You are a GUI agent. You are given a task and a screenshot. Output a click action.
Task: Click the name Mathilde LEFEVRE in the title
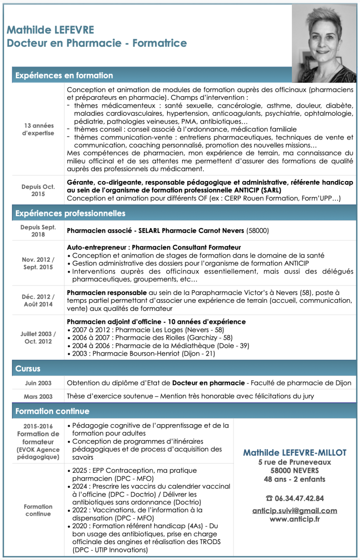coord(50,31)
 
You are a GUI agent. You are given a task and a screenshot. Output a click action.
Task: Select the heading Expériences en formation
coord(64,76)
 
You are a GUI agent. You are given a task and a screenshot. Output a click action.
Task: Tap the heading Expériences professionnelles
coord(71,214)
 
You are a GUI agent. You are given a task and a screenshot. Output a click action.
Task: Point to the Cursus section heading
coord(28,369)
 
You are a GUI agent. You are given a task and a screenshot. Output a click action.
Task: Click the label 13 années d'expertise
coord(39,129)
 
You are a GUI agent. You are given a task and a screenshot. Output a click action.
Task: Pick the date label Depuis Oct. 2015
coord(38,190)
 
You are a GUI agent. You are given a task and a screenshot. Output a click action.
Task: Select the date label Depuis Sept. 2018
coord(38,231)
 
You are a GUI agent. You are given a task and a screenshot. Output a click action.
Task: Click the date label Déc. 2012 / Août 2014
coord(38,301)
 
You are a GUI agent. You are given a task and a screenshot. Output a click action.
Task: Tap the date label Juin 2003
coord(38,383)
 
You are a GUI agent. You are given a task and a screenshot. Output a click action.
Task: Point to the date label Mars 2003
coord(38,397)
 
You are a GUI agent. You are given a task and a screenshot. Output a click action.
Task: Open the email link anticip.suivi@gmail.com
coord(295,511)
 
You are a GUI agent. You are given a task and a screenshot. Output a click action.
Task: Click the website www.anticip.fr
coord(295,519)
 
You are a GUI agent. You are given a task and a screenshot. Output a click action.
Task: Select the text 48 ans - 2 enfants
coord(295,479)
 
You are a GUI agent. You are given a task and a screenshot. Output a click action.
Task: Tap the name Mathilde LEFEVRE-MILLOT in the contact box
coord(295,453)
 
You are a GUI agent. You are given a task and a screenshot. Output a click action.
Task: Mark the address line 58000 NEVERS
coord(295,470)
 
